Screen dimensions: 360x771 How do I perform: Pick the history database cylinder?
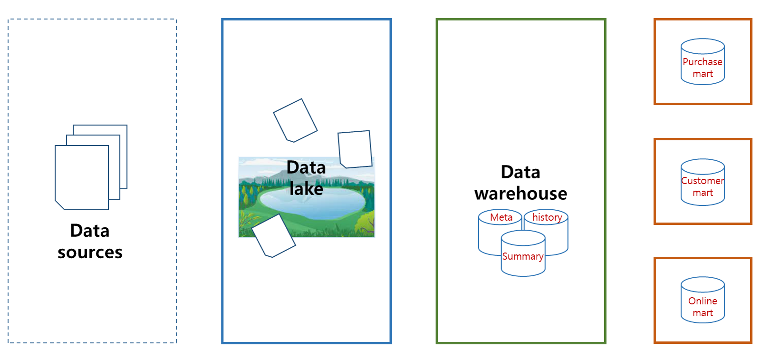point(556,233)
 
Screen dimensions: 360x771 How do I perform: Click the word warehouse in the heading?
point(520,194)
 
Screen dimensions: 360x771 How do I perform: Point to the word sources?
point(90,252)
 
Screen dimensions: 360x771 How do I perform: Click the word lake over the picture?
point(306,189)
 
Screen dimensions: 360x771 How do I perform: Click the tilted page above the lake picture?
point(295,120)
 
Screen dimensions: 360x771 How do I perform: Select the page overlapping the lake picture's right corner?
point(355,149)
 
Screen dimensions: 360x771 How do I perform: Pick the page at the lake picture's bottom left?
point(273,236)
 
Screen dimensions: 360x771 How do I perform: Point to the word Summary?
point(523,256)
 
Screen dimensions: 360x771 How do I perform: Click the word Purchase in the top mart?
point(703,62)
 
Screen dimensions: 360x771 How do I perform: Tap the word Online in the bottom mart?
point(703,301)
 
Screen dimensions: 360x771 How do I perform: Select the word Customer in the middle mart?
point(703,181)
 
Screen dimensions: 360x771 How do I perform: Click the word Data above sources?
point(90,231)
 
